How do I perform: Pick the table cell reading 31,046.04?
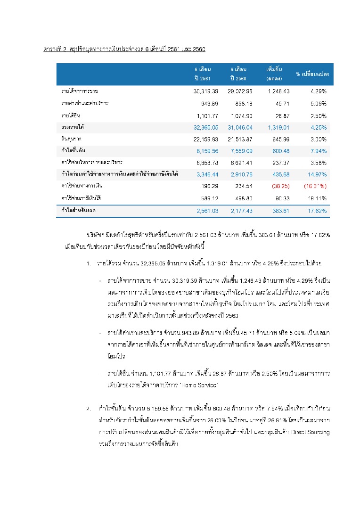(x=240, y=127)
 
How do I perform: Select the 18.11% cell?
(x=316, y=198)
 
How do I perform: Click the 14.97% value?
(x=316, y=175)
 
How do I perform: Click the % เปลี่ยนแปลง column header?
(x=312, y=74)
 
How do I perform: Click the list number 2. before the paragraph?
(x=89, y=408)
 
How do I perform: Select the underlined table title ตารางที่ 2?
(x=54, y=49)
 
